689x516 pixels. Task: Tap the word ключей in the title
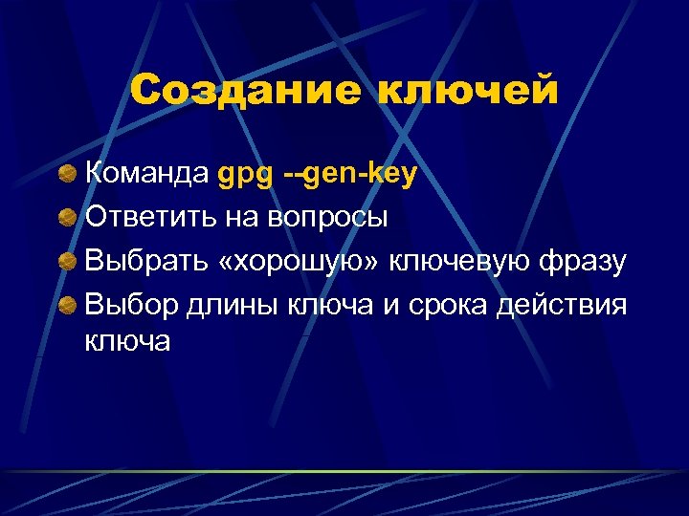[x=468, y=91]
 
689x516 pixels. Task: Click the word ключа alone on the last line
[x=128, y=341]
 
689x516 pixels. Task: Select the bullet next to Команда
[x=68, y=174]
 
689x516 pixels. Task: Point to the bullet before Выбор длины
[x=68, y=304]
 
